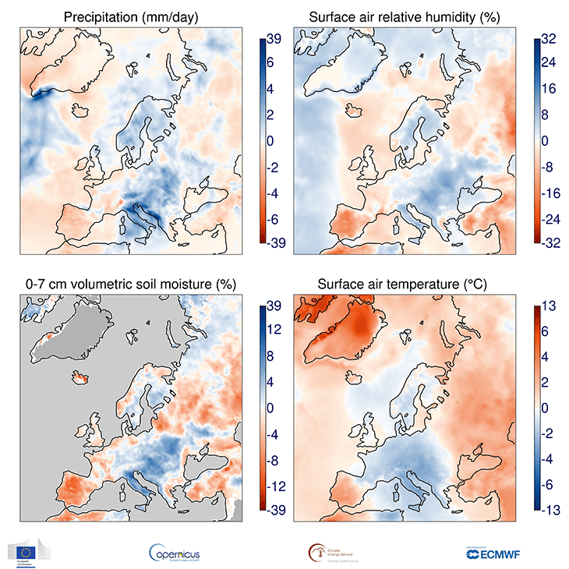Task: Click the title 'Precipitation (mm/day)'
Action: (x=129, y=16)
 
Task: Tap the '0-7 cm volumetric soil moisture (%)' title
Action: (x=129, y=284)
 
